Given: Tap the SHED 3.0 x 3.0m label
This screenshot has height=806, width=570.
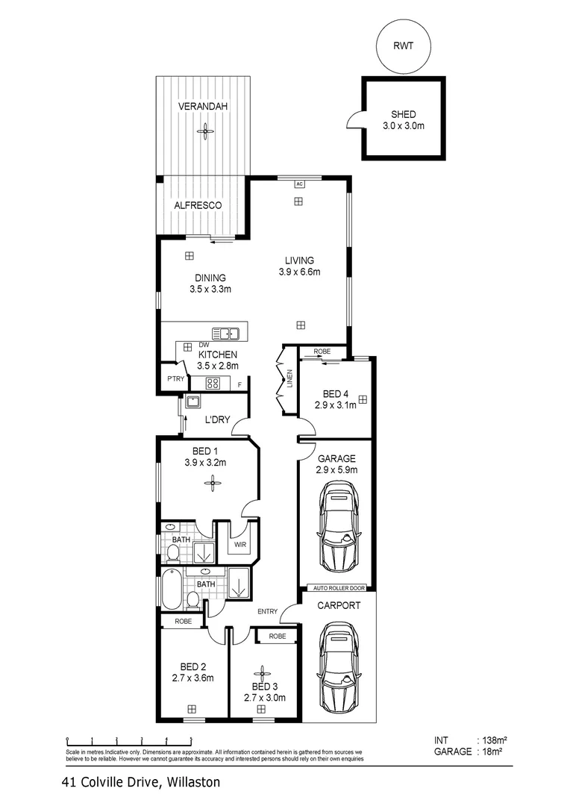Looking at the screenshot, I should coord(404,120).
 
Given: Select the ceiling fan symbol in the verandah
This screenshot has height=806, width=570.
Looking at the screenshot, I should coord(203,133).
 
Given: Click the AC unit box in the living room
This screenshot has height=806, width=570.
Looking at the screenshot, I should coord(298,183).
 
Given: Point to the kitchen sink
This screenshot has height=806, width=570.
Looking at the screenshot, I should coord(225,334).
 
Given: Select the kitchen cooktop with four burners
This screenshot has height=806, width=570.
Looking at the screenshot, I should coord(213,384).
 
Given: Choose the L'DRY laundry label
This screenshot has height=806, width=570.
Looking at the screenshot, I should coord(217,420).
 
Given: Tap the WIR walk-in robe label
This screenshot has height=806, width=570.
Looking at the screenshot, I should coord(240,546).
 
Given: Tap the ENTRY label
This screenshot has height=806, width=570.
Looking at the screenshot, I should coord(267,612).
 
